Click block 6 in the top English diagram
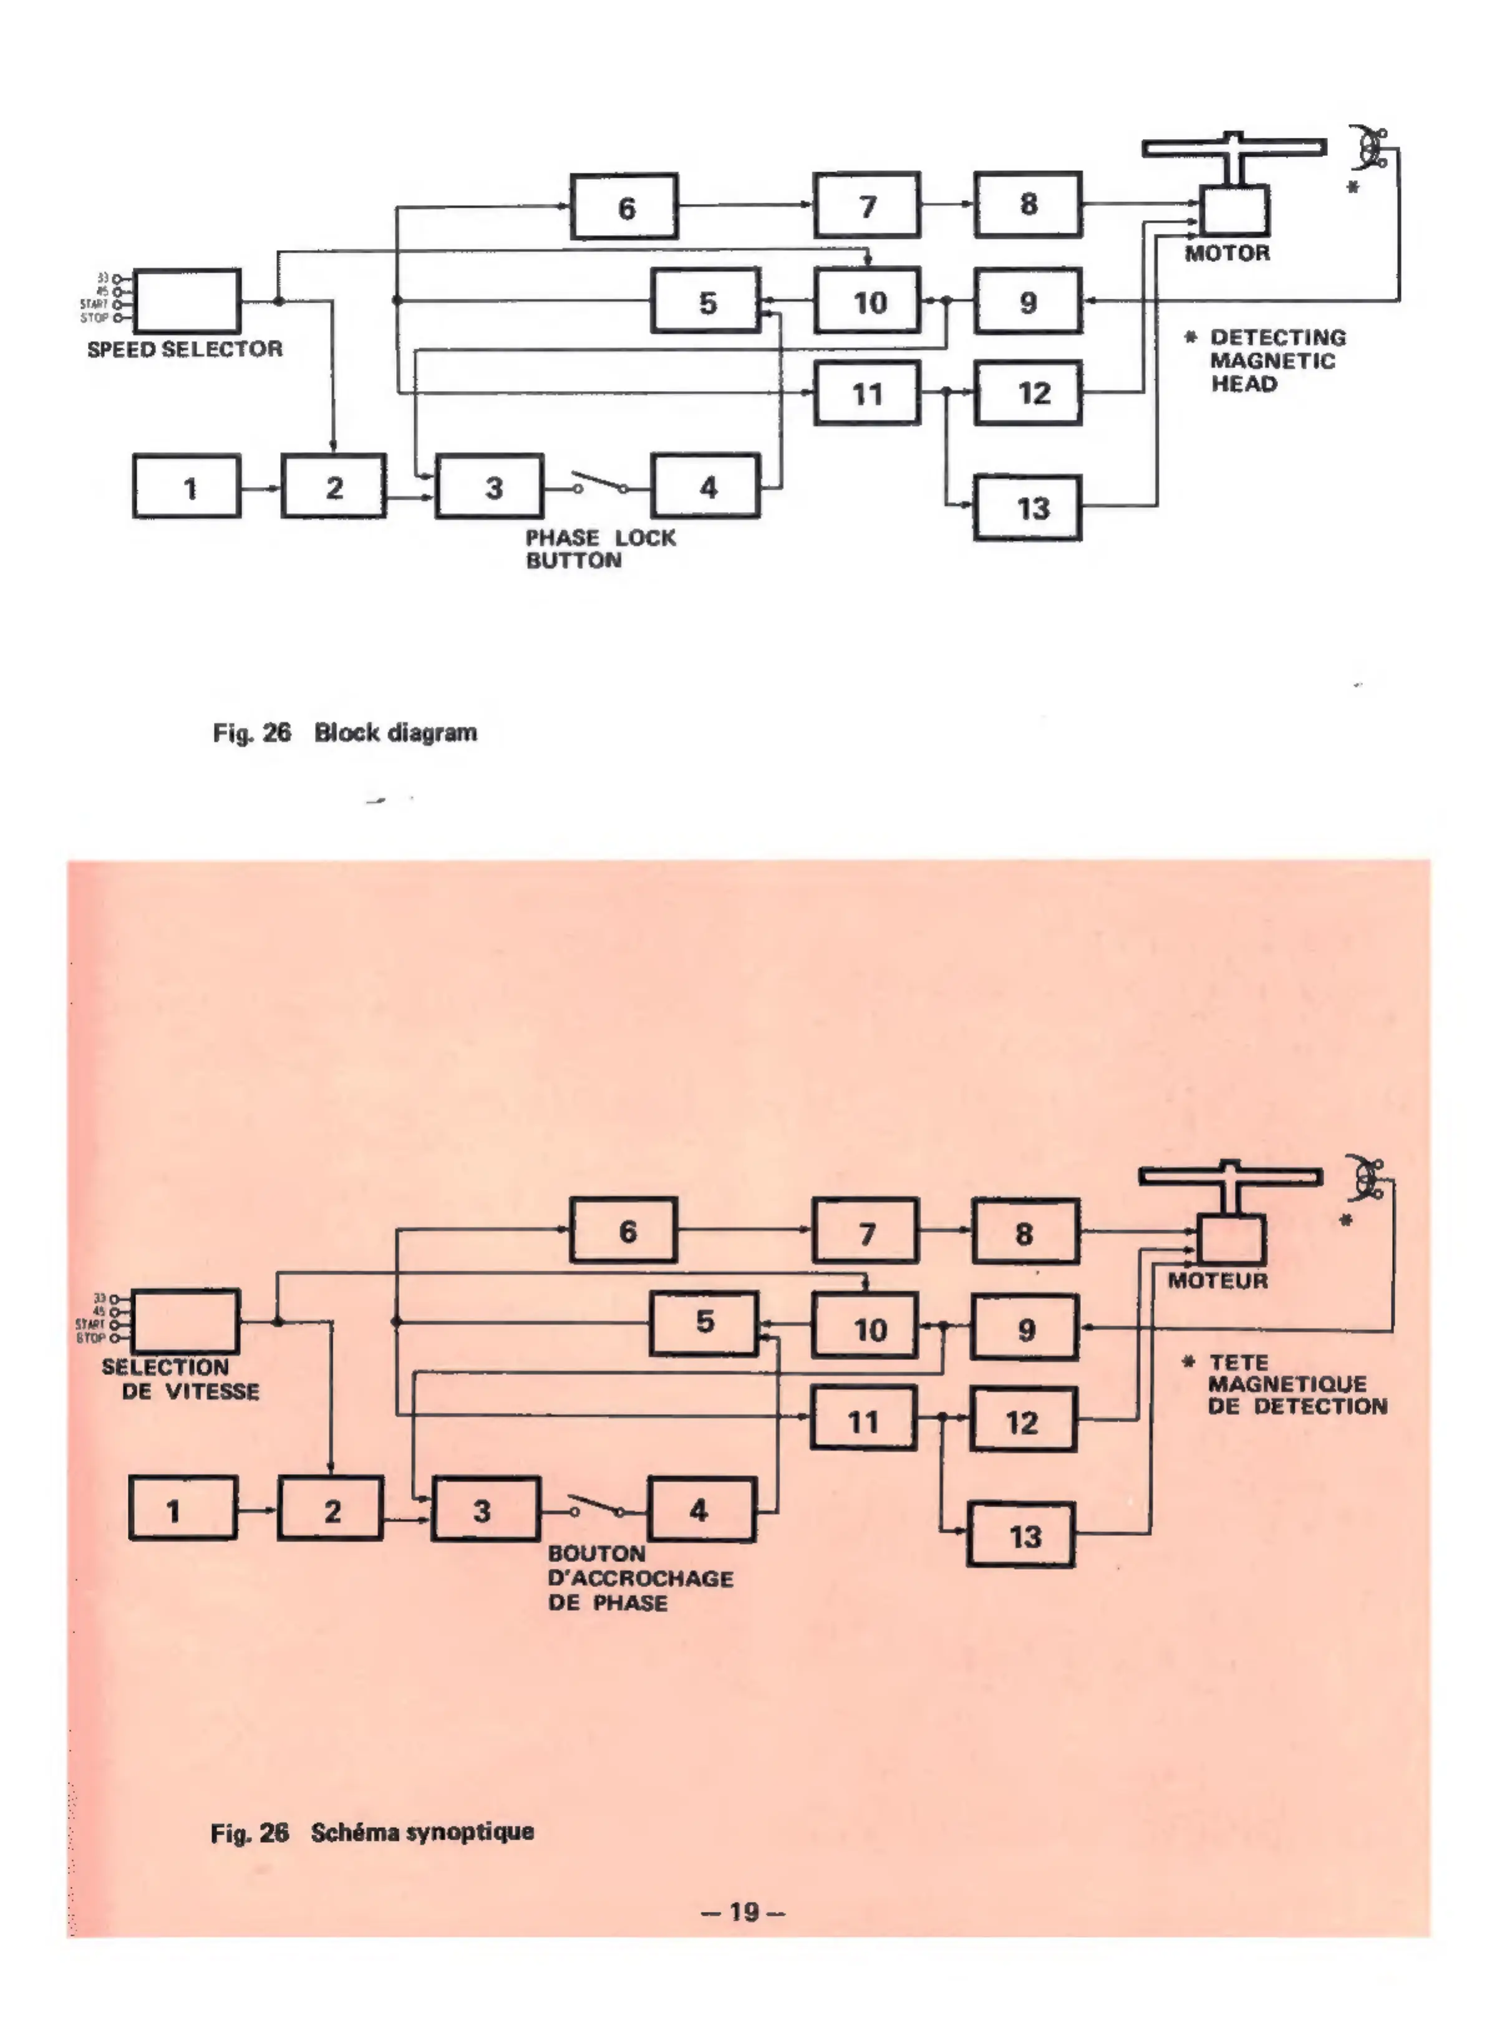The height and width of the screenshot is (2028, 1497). pos(624,206)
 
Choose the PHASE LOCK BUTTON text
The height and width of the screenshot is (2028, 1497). pos(600,549)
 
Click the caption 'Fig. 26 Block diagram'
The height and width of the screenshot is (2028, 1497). pos(344,733)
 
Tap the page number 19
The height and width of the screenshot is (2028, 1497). pos(743,1912)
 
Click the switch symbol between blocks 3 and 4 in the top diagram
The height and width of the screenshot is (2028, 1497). pos(599,485)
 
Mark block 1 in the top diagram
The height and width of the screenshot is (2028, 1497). pos(188,486)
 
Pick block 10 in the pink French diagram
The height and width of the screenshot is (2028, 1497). pos(865,1328)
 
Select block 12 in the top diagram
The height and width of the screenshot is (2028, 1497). pos(1027,393)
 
